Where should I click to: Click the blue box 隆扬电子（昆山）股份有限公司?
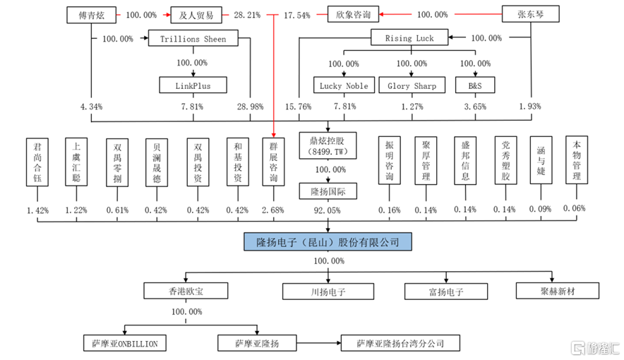pos(328,242)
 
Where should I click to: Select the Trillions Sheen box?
pos(193,38)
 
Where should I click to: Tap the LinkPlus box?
pos(193,85)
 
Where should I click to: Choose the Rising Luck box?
pos(409,37)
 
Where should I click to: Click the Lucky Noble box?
pos(344,85)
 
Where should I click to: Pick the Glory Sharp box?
pos(412,85)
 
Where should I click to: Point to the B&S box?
pos(475,85)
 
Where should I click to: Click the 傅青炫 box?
pos(92,15)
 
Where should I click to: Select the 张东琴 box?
pos(531,14)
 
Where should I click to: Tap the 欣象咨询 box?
pos(353,14)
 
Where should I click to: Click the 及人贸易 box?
pos(196,15)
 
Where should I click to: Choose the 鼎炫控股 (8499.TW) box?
pos(328,145)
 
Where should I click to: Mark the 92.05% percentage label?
pos(327,210)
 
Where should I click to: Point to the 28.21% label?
pos(247,15)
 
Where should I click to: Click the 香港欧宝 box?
pos(186,291)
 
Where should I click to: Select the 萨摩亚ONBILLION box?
pos(125,343)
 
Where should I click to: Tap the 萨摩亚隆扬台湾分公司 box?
pos(400,343)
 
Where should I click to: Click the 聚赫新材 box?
pos(558,291)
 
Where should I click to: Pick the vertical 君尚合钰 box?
pos(37,162)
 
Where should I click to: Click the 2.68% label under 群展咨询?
pos(273,210)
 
